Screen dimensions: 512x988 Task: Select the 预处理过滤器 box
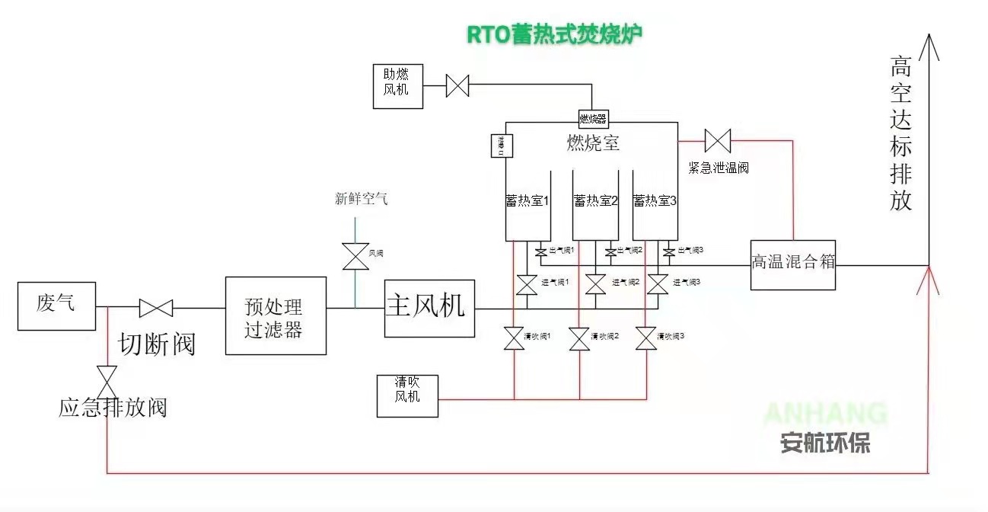pos(276,315)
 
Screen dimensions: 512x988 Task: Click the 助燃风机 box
pos(397,86)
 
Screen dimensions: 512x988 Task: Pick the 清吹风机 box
pos(407,395)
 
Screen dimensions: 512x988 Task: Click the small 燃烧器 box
pos(593,118)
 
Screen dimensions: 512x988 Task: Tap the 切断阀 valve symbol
pos(156,309)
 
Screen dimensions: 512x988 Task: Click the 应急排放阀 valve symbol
pos(107,377)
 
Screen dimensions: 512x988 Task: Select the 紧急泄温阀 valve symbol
pos(717,141)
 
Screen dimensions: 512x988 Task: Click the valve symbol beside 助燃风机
pos(457,85)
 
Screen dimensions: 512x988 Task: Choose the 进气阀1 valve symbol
pos(527,284)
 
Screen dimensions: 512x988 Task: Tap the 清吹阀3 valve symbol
pos(646,338)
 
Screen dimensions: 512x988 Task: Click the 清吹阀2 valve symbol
pos(580,338)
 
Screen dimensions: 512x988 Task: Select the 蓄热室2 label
pos(596,200)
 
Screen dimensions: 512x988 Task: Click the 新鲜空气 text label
pos(362,199)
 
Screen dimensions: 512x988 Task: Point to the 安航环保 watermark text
pos(824,443)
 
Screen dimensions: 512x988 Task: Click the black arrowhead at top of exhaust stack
pos(929,47)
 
